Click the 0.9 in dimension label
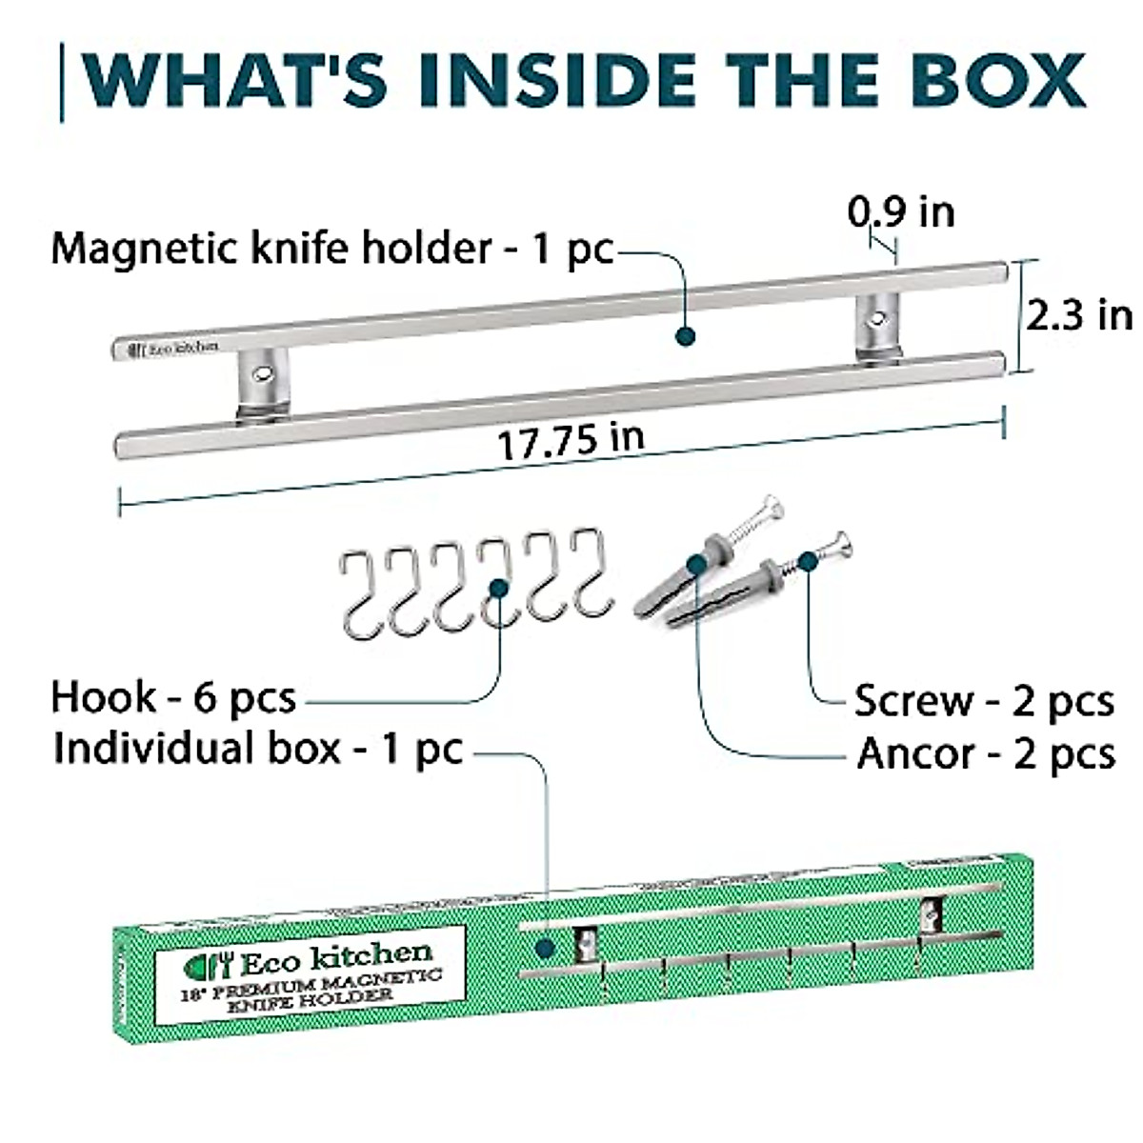pyautogui.click(x=901, y=211)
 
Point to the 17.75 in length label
pyautogui.click(x=571, y=441)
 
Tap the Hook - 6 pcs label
pyautogui.click(x=173, y=697)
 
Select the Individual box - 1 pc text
pyautogui.click(x=257, y=749)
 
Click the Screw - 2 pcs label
pyautogui.click(x=983, y=701)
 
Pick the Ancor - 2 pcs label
pyautogui.click(x=985, y=754)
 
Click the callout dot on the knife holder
pyautogui.click(x=684, y=335)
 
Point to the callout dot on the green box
pyautogui.click(x=545, y=949)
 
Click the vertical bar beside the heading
pyautogui.click(x=63, y=82)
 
